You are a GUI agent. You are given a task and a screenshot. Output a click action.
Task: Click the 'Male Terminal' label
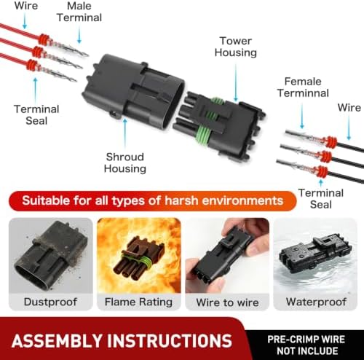[79, 12]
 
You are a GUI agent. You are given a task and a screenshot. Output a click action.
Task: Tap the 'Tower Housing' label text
[236, 47]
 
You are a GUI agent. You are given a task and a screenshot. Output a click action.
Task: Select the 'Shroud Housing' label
[125, 163]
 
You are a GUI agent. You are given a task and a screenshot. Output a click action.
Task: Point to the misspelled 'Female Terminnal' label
[303, 87]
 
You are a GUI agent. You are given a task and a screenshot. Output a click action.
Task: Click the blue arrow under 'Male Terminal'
[79, 35]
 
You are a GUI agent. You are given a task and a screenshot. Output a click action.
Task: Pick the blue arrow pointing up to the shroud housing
[125, 133]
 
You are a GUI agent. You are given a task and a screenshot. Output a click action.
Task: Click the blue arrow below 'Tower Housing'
[236, 83]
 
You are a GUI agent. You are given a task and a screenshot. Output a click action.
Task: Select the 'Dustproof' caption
[50, 302]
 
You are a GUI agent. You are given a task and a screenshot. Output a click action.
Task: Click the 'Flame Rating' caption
[138, 302]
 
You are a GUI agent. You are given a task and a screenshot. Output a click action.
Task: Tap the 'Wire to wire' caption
[227, 302]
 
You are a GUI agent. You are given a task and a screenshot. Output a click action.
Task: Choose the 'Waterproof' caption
[316, 302]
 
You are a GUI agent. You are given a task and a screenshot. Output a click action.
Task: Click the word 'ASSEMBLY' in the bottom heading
[57, 340]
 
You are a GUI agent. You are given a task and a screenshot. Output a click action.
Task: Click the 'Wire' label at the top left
[26, 6]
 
